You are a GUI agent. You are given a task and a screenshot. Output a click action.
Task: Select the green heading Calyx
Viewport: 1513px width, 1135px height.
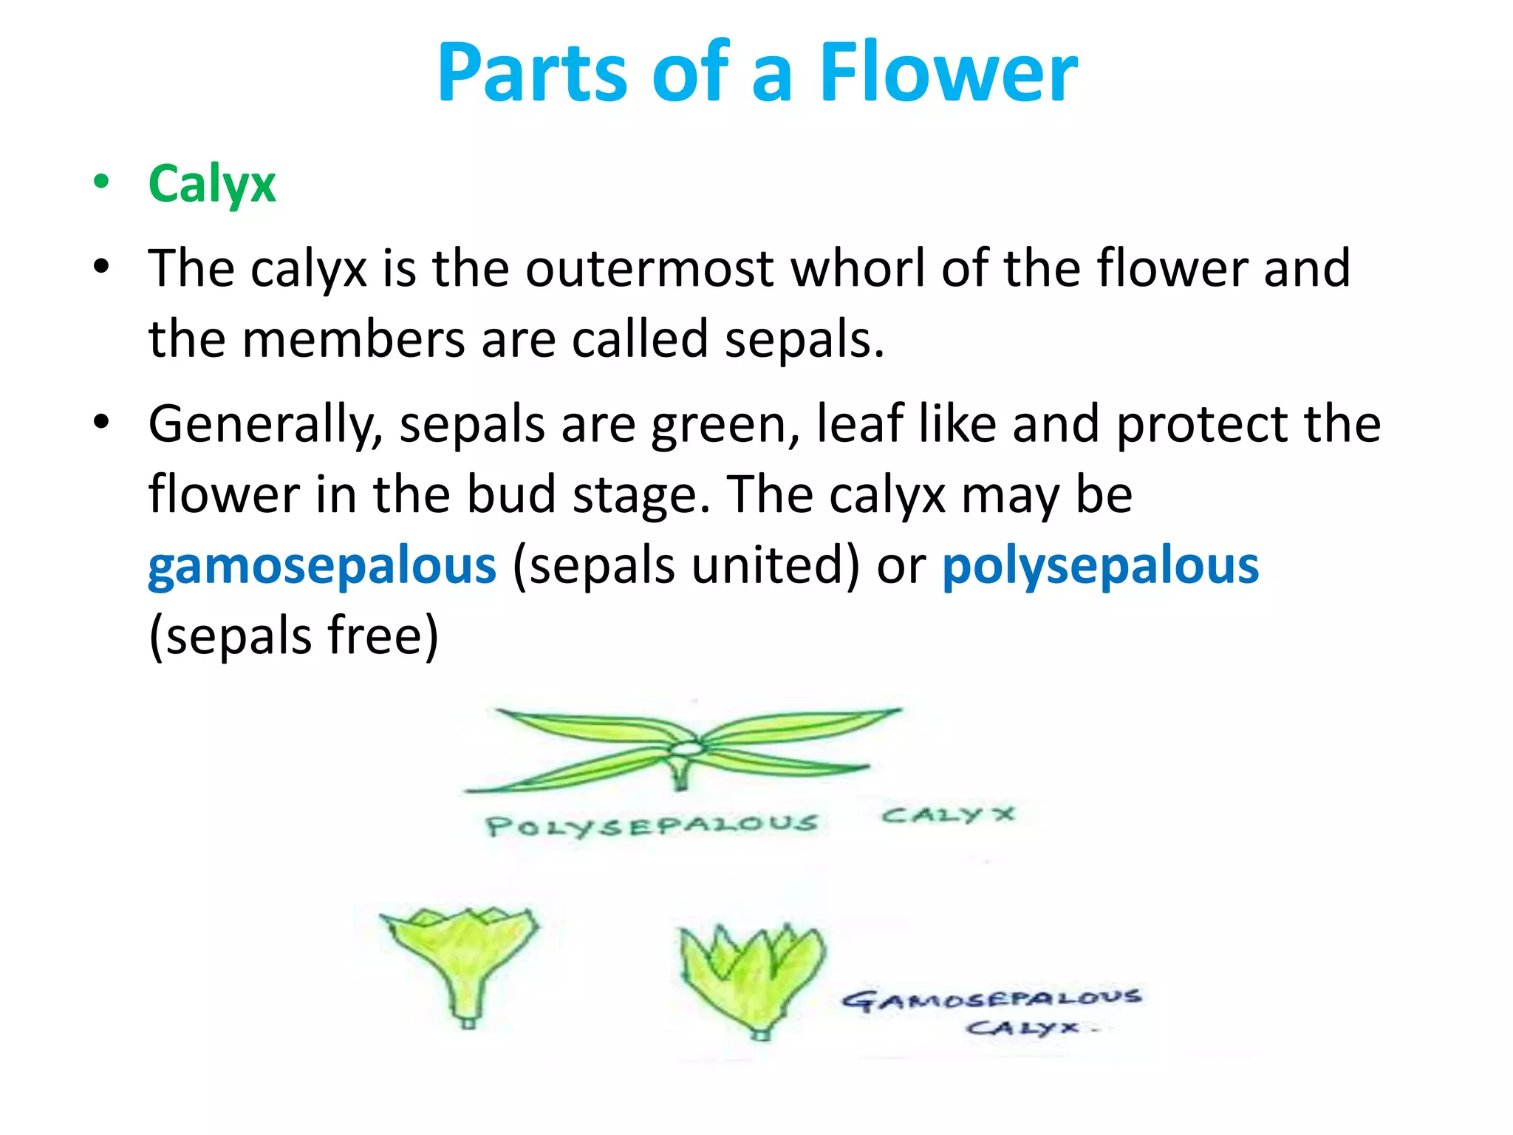tap(212, 184)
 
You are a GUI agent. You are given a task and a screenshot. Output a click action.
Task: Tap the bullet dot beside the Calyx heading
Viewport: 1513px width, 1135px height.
tap(102, 182)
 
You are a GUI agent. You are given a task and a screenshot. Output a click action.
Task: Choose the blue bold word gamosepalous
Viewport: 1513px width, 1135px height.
tap(322, 565)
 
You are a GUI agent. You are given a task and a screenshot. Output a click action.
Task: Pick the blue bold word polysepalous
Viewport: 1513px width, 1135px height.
tap(1100, 565)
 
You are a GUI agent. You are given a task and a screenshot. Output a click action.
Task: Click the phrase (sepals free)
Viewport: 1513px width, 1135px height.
tap(294, 635)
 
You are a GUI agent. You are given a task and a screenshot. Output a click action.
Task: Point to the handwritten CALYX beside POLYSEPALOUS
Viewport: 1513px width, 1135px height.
tap(949, 815)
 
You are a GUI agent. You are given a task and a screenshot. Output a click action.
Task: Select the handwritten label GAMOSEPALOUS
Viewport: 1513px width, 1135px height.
tap(991, 999)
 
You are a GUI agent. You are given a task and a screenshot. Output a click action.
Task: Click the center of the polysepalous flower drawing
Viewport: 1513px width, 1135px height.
tap(687, 749)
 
